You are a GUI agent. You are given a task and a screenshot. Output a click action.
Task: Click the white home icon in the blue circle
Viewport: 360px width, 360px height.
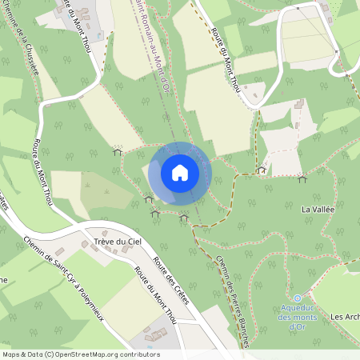(x=180, y=172)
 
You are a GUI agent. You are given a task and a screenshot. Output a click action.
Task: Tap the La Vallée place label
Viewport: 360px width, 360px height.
(x=317, y=210)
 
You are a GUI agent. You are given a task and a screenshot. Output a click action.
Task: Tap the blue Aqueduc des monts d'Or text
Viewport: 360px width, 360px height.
(x=298, y=317)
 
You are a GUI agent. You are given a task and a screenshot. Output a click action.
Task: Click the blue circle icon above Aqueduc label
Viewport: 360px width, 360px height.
(x=298, y=298)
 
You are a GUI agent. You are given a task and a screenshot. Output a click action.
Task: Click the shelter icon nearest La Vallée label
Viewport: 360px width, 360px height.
(x=302, y=179)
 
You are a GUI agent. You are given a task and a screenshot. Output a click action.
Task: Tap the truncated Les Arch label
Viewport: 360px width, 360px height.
(x=345, y=317)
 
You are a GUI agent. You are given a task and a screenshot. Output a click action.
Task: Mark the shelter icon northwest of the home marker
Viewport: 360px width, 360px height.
(x=118, y=150)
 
